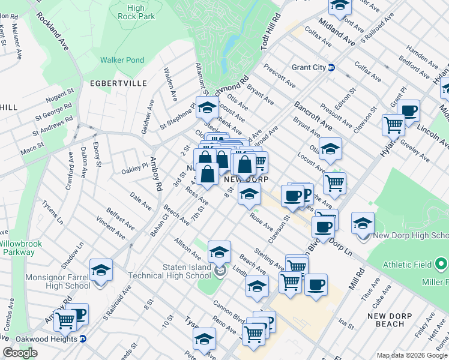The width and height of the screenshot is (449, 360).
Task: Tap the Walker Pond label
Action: click(x=122, y=60)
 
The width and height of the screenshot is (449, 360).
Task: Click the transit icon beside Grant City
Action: click(x=331, y=68)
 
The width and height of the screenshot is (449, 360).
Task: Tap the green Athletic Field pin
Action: click(x=441, y=263)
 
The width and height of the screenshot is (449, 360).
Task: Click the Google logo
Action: click(x=20, y=353)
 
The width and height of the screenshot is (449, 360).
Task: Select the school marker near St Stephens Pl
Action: click(x=207, y=107)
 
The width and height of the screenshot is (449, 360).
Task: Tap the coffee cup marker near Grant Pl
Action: click(x=409, y=110)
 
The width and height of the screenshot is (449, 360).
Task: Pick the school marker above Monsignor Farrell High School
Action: click(x=101, y=270)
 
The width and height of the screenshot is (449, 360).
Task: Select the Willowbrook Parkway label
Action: click(x=19, y=248)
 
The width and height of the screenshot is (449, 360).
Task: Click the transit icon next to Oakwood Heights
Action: click(x=83, y=339)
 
